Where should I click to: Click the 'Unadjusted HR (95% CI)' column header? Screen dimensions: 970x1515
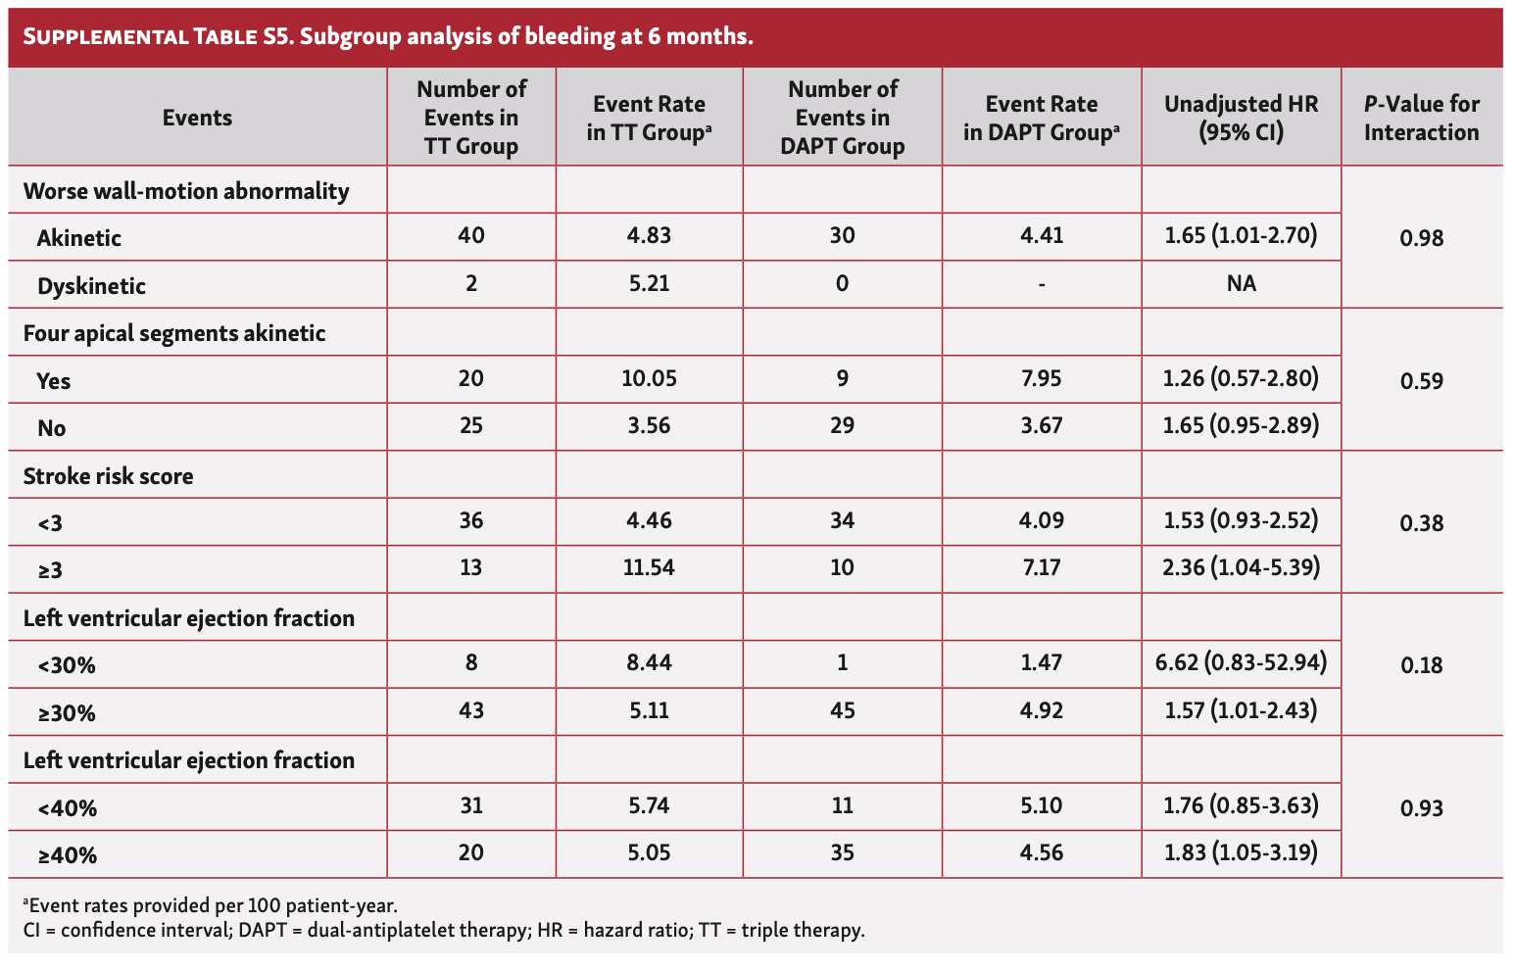click(x=1241, y=118)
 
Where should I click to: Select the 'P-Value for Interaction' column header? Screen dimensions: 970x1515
click(x=1421, y=118)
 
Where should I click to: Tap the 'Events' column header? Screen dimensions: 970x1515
click(x=197, y=118)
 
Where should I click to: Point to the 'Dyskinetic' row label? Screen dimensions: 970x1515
click(x=91, y=286)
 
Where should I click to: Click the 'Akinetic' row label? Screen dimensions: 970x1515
click(x=79, y=238)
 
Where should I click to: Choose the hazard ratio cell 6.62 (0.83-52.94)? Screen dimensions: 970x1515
click(x=1241, y=662)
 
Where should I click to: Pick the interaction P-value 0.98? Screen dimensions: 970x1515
click(x=1421, y=238)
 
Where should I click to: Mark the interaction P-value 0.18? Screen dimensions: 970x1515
click(x=1421, y=665)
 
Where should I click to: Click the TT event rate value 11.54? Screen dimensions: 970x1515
click(x=649, y=567)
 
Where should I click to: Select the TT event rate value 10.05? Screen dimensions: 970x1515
click(x=649, y=378)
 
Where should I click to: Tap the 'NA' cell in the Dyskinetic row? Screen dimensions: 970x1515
click(x=1241, y=284)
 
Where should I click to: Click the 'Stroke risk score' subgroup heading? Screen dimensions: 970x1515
click(x=108, y=476)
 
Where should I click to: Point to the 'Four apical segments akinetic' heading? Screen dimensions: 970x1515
click(x=174, y=333)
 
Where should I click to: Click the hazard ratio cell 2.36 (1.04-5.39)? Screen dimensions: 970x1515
click(x=1241, y=567)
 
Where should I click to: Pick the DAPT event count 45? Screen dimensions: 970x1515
click(x=842, y=709)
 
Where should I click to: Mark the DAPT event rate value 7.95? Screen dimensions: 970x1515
click(x=1041, y=378)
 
